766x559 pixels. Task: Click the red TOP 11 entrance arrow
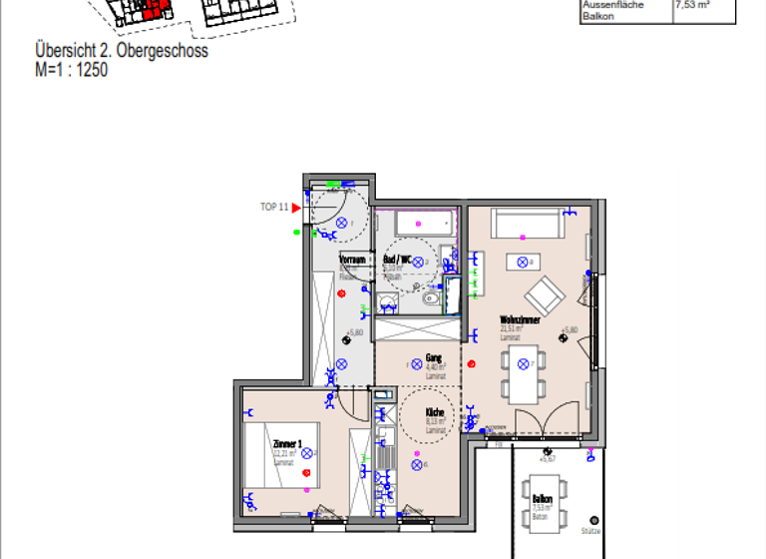tap(296, 208)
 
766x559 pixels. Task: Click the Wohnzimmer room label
tap(520, 320)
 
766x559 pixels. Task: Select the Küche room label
tap(435, 412)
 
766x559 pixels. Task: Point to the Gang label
tap(433, 357)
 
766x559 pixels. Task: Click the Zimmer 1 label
tap(287, 442)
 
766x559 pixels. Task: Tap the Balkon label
tap(543, 498)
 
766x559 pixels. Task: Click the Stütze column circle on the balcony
tap(593, 520)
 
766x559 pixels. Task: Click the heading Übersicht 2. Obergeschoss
tap(121, 51)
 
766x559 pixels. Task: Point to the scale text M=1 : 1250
tap(71, 70)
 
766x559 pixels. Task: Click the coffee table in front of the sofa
tap(522, 262)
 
